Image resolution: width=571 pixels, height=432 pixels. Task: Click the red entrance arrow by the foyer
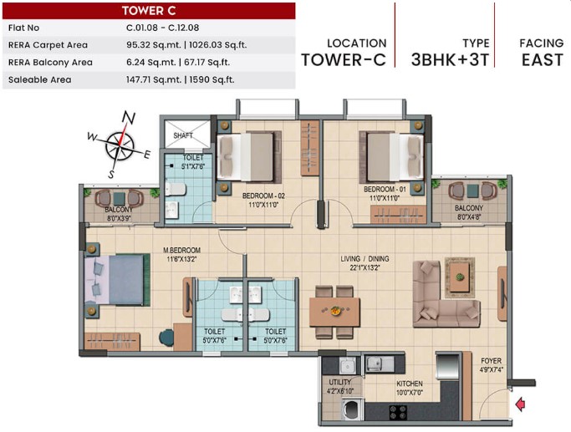(x=520, y=404)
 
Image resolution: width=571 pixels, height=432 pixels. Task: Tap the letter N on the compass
(x=128, y=117)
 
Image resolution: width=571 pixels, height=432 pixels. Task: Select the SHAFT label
(x=183, y=135)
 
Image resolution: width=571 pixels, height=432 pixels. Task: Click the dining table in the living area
(x=334, y=312)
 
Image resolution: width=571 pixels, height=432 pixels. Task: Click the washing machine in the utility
(x=353, y=409)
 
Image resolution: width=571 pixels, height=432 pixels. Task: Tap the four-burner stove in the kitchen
(x=398, y=412)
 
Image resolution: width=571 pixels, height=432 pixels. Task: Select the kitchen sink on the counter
(x=380, y=364)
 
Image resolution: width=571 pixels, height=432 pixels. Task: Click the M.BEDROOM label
(x=181, y=251)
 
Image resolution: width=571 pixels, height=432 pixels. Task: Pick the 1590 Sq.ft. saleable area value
(x=212, y=79)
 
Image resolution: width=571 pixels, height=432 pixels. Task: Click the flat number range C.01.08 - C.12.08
(x=163, y=28)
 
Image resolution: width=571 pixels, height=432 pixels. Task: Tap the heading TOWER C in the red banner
(x=149, y=11)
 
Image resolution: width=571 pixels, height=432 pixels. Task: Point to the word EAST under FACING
(x=543, y=60)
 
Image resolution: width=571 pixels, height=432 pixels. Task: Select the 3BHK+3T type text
(x=450, y=60)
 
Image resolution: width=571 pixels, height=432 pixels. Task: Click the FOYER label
(x=491, y=361)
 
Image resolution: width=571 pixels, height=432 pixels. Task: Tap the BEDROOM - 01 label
(x=385, y=189)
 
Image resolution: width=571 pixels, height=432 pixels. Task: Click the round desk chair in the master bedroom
(x=166, y=338)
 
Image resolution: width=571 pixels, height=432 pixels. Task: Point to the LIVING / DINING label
(x=365, y=259)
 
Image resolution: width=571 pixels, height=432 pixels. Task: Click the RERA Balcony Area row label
(x=50, y=63)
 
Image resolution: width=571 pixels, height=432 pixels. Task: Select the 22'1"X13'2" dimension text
(x=365, y=268)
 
